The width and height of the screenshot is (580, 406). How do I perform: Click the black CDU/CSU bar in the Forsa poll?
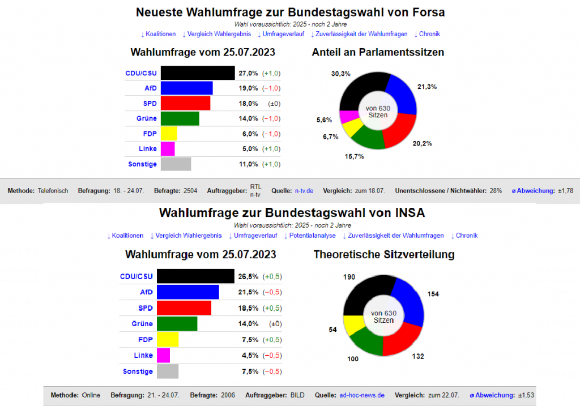point(197,73)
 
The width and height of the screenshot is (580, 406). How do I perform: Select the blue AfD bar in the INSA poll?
point(187,292)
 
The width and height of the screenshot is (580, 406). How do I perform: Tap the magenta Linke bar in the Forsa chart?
point(168,149)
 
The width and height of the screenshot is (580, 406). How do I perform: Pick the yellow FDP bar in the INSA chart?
point(168,340)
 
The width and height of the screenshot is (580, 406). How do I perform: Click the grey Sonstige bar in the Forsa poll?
point(176,164)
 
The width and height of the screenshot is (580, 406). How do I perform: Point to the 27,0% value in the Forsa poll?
point(248,73)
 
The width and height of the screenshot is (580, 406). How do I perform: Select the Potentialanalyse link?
point(310,236)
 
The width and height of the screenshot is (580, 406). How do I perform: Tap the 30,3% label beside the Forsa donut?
point(341,74)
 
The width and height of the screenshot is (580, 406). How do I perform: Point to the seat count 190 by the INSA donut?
point(349,277)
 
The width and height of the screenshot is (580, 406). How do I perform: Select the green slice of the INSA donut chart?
point(365,340)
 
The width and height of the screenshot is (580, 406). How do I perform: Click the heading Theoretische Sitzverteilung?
point(384,255)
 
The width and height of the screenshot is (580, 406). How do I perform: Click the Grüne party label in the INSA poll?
point(142,324)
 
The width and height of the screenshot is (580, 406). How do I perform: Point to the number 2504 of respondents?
point(190,191)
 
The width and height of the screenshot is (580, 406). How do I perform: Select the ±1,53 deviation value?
point(527,395)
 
